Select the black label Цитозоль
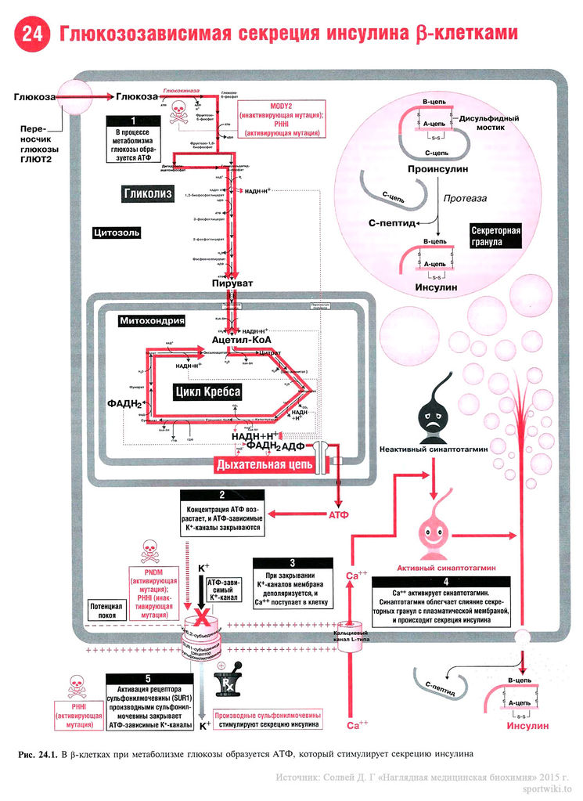pyautogui.click(x=117, y=233)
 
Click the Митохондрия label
pyautogui.click(x=152, y=320)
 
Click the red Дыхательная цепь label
pyautogui.click(x=265, y=465)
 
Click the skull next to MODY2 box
pyautogui.click(x=178, y=108)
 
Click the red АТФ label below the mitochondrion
pyautogui.click(x=337, y=514)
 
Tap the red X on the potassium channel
pyautogui.click(x=203, y=618)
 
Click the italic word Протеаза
pyautogui.click(x=465, y=198)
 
